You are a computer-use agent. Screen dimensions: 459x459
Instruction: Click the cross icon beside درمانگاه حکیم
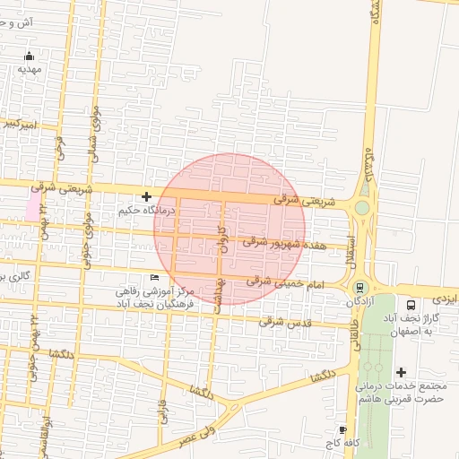(146, 196)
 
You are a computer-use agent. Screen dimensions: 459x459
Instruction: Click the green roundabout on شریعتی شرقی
(361, 208)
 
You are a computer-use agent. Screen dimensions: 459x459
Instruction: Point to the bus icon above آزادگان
(359, 288)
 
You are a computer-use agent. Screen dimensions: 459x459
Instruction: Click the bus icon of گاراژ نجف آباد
(411, 304)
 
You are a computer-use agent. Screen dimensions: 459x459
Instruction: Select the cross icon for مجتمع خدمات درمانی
(400, 372)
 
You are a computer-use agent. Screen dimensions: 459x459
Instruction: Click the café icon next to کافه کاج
(343, 430)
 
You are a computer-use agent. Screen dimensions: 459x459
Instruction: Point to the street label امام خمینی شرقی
(279, 282)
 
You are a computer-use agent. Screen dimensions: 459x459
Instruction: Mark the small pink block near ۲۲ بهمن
(33, 208)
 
